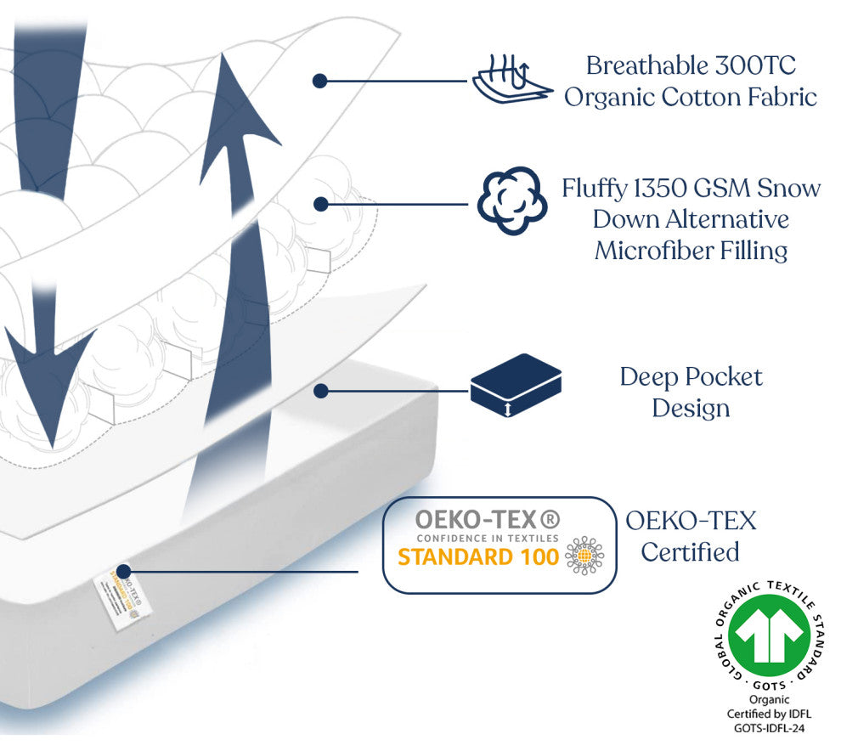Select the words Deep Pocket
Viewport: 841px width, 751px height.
coord(691,376)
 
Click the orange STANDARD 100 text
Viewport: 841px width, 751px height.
coord(479,556)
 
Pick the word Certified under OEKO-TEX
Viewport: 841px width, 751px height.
coord(690,552)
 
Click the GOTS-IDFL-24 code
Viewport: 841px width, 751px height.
coord(770,728)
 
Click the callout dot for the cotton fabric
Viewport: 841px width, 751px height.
coord(319,81)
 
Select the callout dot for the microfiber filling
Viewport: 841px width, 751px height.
coord(320,204)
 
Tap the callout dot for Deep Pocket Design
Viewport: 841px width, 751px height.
coord(320,391)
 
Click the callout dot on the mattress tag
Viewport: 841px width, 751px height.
coord(124,571)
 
